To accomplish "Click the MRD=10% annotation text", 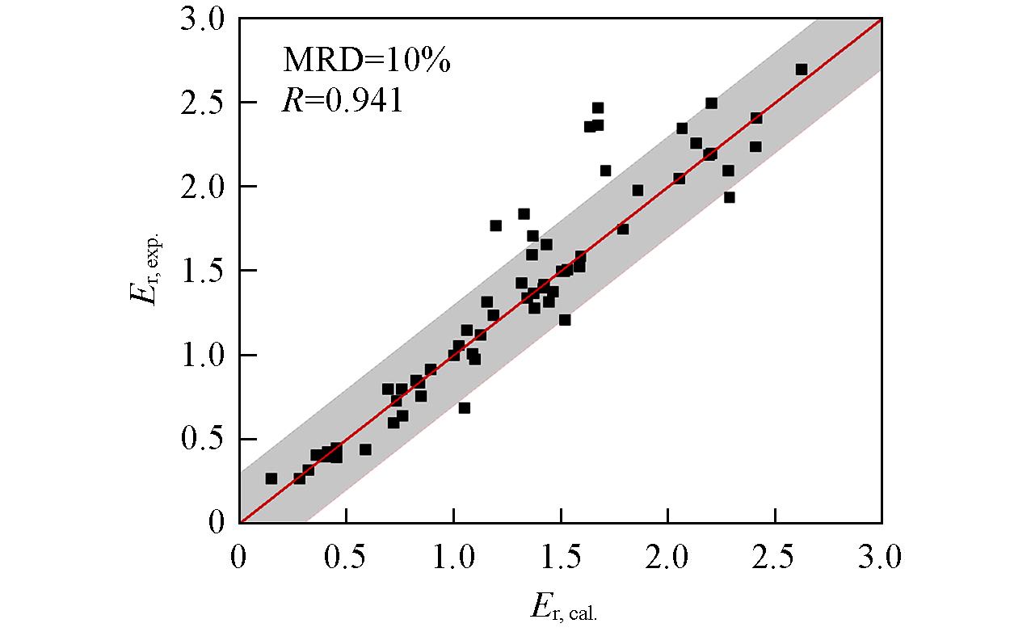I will point(366,61).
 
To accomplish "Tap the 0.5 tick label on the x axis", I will point(347,557).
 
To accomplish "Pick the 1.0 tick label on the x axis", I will point(454,557).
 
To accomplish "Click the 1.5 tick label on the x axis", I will point(561,557).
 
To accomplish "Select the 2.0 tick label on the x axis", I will point(668,557).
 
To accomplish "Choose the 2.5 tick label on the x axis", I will point(775,557).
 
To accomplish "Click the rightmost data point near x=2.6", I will point(802,69).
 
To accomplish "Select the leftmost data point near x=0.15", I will point(271,478).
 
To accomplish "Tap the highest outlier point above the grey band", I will point(598,107).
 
